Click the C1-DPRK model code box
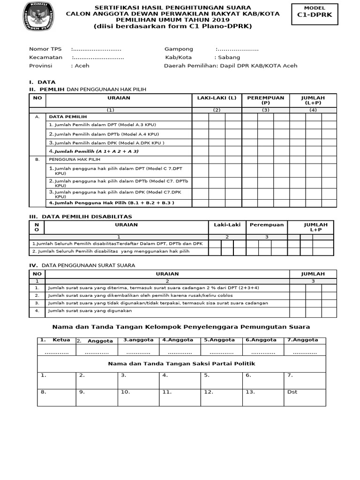314,14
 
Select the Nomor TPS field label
45,49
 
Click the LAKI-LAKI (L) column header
217,98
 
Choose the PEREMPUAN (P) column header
266,100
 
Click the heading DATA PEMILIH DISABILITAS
87,217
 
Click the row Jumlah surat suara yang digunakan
90,310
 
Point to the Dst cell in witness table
292,392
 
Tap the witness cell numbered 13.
250,392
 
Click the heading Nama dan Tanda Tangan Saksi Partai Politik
181,363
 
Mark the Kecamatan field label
45,57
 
